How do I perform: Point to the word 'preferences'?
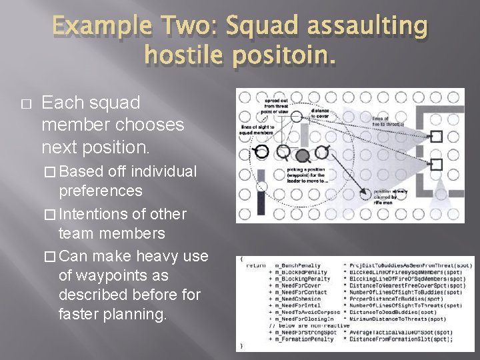pos(101,191)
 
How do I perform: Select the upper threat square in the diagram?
pos(437,136)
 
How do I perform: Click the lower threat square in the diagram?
pos(437,163)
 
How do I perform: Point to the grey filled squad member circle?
pos(303,156)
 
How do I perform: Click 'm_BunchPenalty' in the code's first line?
pos(297,265)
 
